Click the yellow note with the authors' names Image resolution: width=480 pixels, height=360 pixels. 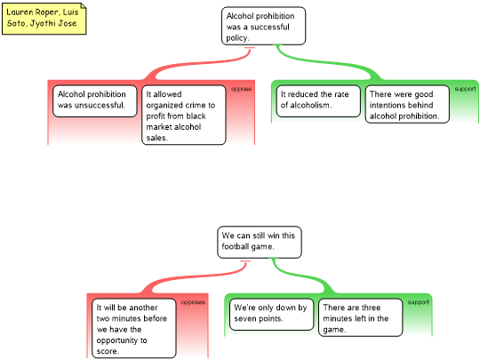(44, 19)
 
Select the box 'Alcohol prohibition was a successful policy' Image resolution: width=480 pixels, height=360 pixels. (263, 26)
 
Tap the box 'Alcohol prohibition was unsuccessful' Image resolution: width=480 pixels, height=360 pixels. (94, 101)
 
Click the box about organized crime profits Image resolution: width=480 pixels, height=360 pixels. (184, 115)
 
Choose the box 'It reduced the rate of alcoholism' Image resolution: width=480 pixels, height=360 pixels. (318, 101)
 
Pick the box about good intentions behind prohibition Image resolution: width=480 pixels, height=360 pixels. (407, 104)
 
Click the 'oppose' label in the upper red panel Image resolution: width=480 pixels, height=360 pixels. (241, 89)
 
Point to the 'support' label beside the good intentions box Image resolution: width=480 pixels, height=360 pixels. (465, 89)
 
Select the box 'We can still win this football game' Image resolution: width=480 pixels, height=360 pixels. (260, 242)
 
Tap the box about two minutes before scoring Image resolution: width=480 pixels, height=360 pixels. (134, 329)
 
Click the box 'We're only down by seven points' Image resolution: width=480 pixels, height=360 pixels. (271, 315)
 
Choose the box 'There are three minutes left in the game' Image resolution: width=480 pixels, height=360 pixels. (360, 317)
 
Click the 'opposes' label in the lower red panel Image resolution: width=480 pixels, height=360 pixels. (193, 302)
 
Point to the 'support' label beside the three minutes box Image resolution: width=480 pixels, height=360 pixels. (418, 302)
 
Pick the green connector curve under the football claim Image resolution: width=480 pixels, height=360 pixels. (301, 276)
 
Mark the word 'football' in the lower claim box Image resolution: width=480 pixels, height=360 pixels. (235, 246)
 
